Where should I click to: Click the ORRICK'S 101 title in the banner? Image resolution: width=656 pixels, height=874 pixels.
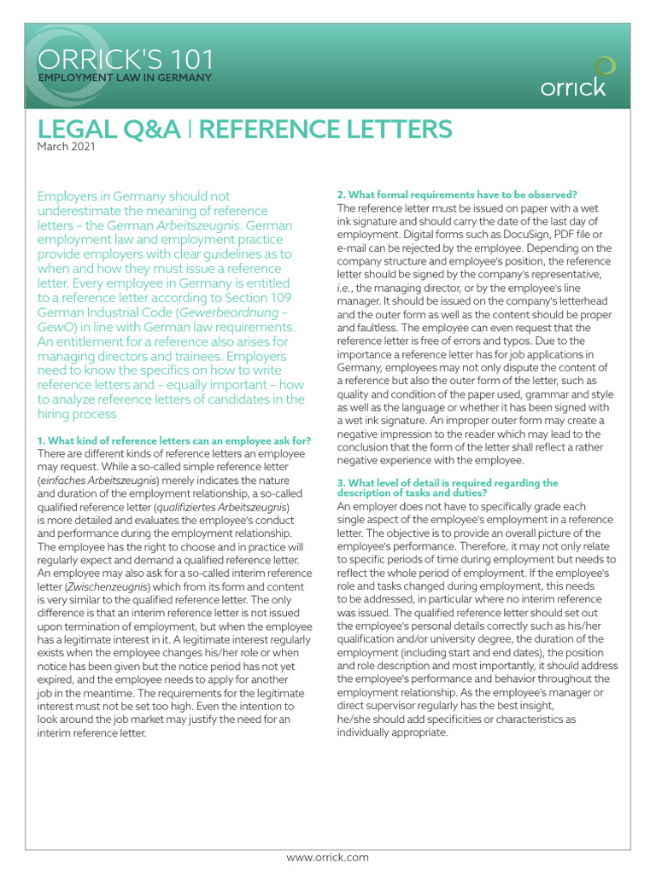tap(125, 61)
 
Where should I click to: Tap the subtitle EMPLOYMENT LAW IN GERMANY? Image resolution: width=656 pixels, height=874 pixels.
tap(123, 79)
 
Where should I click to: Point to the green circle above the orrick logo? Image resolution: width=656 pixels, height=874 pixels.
tap(604, 67)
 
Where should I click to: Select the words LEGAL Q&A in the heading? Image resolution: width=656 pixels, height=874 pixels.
tap(108, 129)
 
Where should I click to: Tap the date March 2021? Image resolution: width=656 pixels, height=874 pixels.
tap(66, 147)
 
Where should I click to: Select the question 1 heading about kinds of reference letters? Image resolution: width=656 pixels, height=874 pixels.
tap(173, 440)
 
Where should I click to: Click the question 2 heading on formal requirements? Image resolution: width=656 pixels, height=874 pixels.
tap(457, 195)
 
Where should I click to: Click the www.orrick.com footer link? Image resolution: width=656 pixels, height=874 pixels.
tap(327, 857)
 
